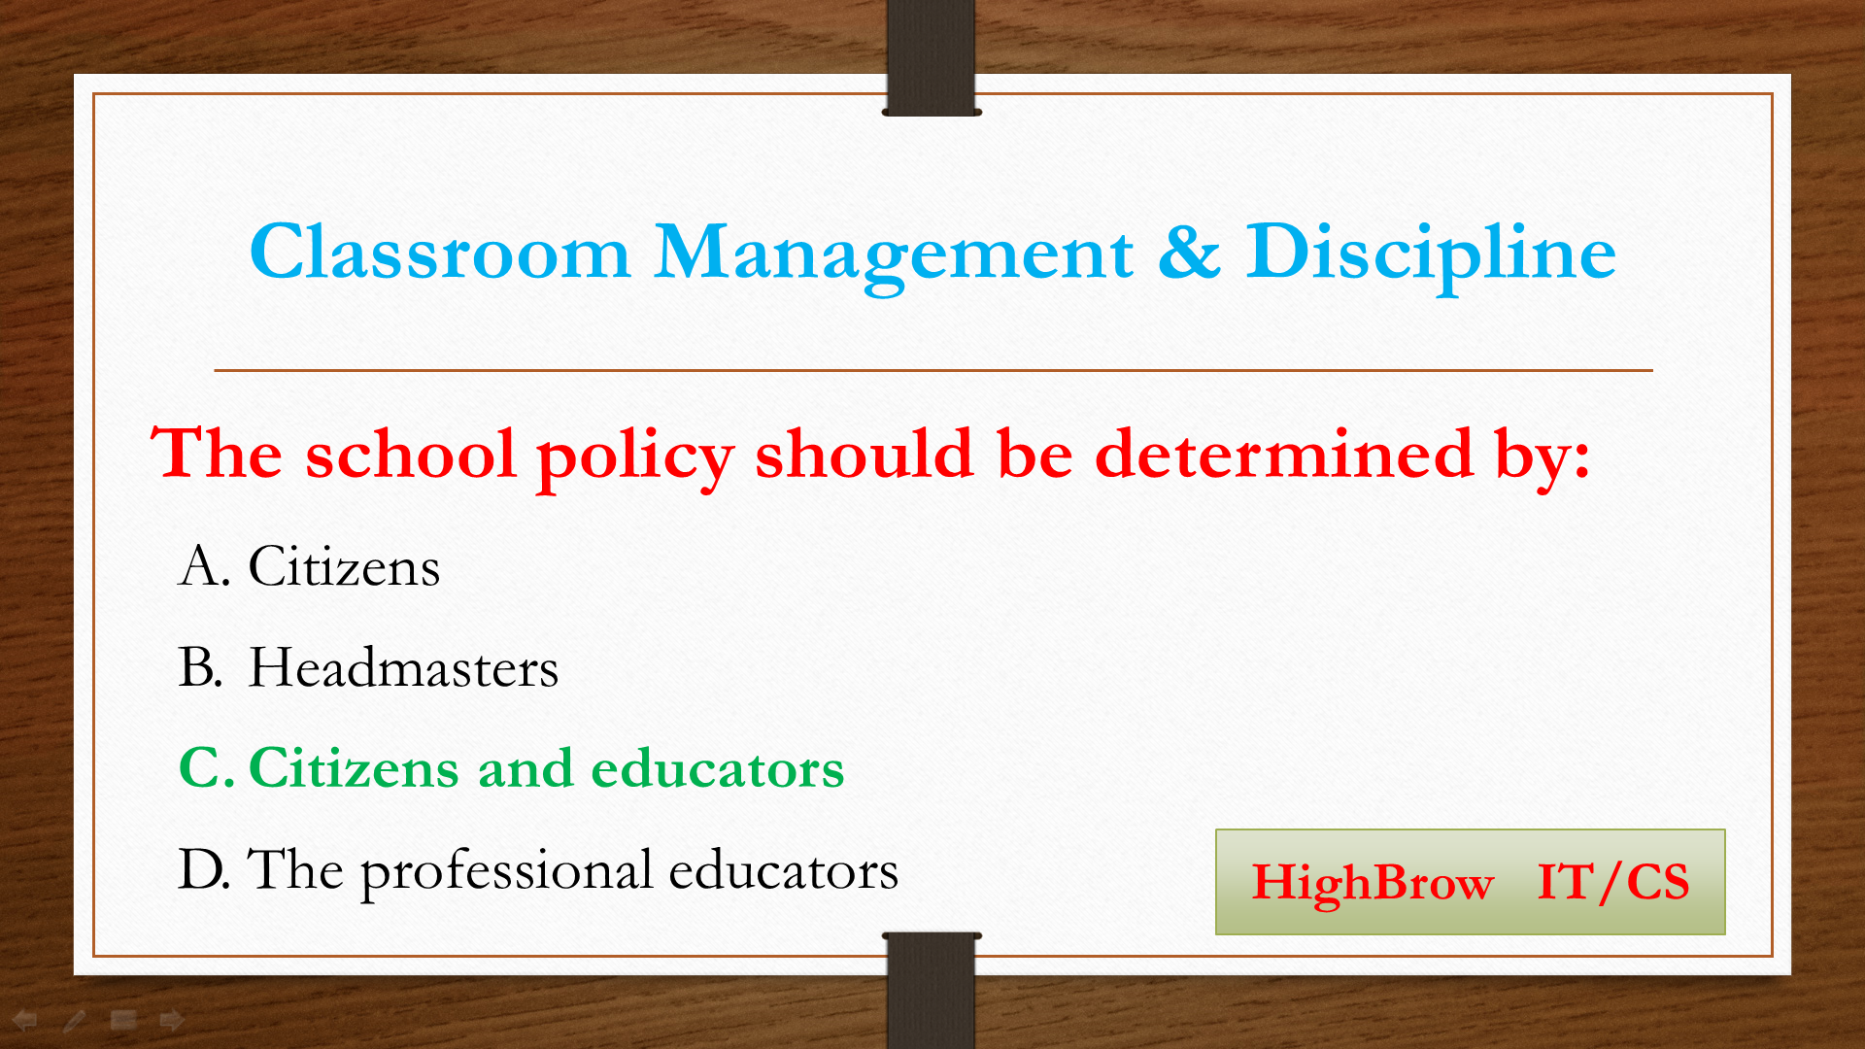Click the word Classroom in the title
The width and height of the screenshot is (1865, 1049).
point(440,252)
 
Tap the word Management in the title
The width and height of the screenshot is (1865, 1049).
point(894,255)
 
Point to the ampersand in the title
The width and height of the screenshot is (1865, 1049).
point(1189,252)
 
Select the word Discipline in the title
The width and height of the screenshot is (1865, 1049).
point(1431,254)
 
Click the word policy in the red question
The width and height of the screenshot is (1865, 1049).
point(634,457)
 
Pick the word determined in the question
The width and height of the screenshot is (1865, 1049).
point(1284,454)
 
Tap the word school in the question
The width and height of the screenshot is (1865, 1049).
point(410,454)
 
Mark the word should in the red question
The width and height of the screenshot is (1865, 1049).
point(864,454)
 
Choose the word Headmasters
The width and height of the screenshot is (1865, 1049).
point(403,667)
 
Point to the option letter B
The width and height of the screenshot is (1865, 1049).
point(200,667)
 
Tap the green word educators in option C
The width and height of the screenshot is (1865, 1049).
point(718,768)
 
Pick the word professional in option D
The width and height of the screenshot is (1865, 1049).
point(506,872)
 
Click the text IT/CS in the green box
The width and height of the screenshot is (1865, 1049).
point(1613,882)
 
